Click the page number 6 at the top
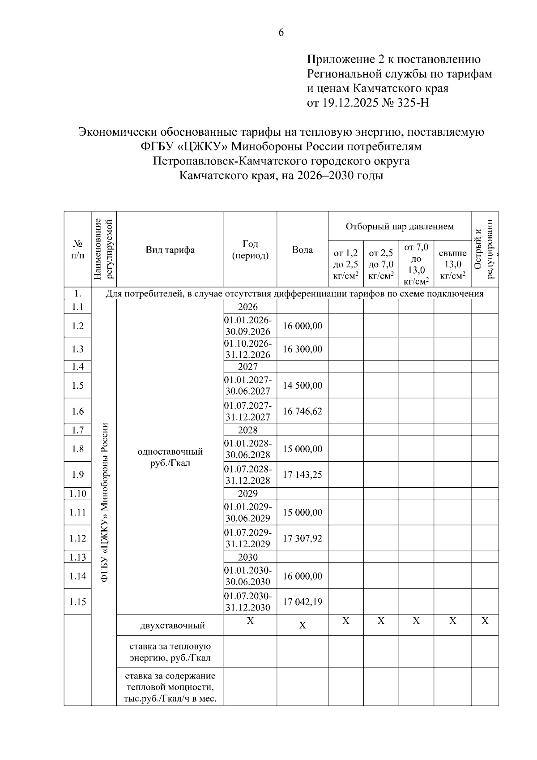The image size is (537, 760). tap(281, 33)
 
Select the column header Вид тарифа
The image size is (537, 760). tap(170, 250)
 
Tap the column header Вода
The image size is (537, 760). tap(303, 250)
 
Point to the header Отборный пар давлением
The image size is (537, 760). tap(399, 226)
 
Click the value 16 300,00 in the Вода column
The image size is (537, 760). tap(303, 349)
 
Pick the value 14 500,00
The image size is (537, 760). tap(303, 386)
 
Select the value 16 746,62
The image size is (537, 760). tap(303, 411)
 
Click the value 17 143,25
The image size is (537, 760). tap(303, 475)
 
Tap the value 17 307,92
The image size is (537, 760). tap(303, 538)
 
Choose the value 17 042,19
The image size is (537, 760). tap(303, 602)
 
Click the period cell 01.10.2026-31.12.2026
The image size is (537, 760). tap(248, 349)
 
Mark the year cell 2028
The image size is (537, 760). tap(248, 430)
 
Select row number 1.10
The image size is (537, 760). tap(78, 494)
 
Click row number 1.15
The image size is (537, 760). tap(78, 602)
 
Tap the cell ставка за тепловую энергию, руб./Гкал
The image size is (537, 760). tap(170, 653)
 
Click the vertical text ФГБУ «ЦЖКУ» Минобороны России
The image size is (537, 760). tap(104, 502)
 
